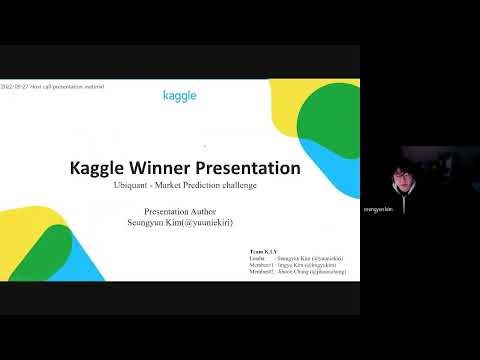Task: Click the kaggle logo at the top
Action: coord(179,96)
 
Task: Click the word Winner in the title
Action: coord(159,167)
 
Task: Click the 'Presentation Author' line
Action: coord(180,212)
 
